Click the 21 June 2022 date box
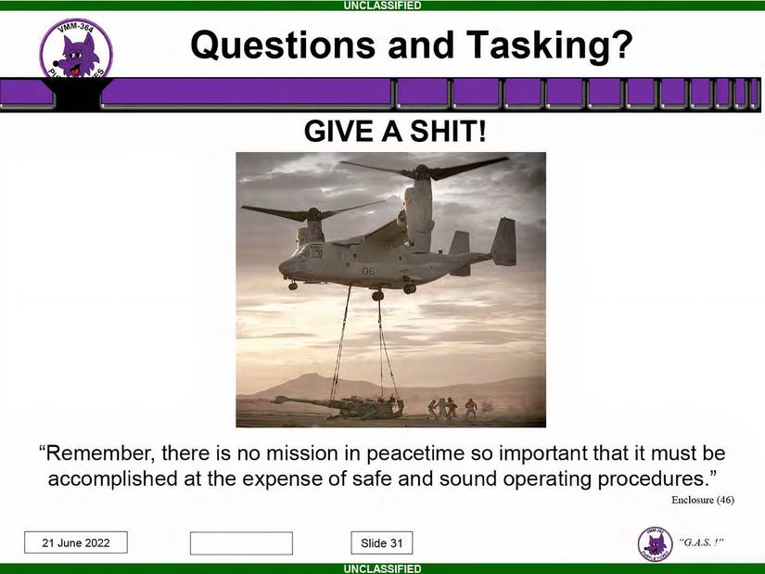(76, 543)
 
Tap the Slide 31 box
(382, 543)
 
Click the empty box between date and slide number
(241, 543)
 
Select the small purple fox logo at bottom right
(655, 543)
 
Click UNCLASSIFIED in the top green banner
(382, 6)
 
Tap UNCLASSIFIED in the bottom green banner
(382, 568)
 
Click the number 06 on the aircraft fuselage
(368, 271)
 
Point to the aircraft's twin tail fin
(504, 242)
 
